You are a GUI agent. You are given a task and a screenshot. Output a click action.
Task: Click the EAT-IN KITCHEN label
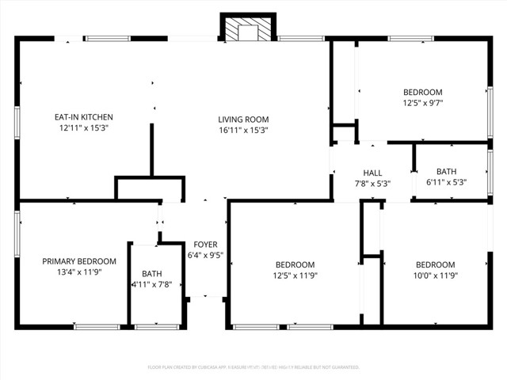point(84,116)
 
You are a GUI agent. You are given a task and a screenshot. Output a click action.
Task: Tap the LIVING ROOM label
point(243,120)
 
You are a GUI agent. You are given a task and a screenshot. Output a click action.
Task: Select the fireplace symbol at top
point(246,30)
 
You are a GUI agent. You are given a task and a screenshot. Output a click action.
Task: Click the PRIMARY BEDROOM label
point(79,261)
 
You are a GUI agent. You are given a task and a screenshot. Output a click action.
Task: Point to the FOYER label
point(205,245)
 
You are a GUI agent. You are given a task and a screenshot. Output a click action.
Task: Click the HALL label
point(372,173)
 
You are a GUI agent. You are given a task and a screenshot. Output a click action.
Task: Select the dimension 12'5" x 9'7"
point(422,103)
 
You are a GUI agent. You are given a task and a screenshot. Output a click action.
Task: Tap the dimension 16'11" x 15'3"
point(243,130)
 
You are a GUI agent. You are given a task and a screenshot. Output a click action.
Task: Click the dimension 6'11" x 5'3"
point(446,182)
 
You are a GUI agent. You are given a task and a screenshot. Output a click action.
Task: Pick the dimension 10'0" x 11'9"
point(435,275)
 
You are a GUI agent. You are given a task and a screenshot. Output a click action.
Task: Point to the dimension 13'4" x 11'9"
point(79,272)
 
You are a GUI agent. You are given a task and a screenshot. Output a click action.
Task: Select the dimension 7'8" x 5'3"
point(372,183)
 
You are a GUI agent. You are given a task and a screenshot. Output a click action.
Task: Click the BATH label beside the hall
point(446,171)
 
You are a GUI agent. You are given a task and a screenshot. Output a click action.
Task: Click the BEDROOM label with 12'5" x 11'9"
point(295,264)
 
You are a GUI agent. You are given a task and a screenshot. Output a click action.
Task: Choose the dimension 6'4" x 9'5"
point(205,255)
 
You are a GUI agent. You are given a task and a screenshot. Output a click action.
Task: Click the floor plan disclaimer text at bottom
point(253,367)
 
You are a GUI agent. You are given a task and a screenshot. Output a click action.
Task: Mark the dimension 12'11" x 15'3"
point(84,127)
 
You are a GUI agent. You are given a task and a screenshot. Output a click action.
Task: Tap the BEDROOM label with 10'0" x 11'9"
point(435,264)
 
